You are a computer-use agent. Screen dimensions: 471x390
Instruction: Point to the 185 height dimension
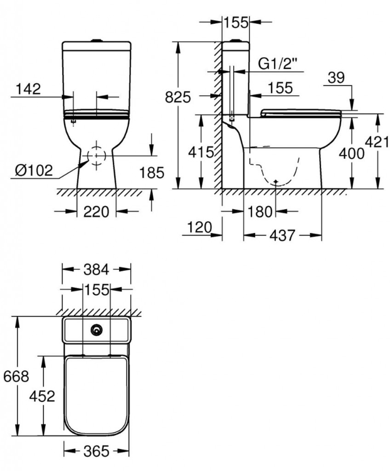tap(152, 173)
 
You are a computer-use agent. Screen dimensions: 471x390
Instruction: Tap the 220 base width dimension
tap(96, 212)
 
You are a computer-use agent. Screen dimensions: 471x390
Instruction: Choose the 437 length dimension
tap(282, 235)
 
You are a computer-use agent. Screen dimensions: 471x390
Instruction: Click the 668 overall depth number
tap(16, 377)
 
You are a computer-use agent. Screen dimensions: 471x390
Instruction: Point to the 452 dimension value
tap(42, 396)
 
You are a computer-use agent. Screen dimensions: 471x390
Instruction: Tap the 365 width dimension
tap(96, 451)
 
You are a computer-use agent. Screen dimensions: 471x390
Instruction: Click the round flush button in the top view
tap(96, 330)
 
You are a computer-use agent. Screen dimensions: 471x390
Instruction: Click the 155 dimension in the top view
tap(96, 289)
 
